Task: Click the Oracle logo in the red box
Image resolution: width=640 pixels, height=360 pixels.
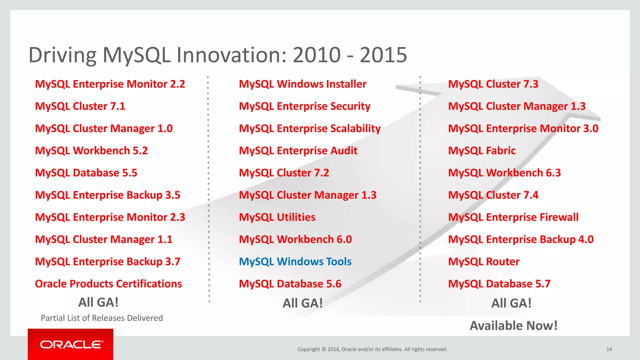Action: (71, 344)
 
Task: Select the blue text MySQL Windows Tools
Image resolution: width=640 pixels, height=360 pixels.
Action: (295, 262)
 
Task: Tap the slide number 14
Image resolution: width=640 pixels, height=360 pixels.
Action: (609, 349)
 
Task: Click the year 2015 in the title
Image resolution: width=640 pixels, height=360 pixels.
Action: (383, 55)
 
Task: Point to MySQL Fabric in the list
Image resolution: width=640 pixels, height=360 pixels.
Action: (482, 151)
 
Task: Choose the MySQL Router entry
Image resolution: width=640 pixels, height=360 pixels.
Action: (483, 262)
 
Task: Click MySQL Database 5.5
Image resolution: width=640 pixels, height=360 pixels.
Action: (86, 173)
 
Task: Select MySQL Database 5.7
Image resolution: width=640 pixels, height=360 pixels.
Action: (499, 284)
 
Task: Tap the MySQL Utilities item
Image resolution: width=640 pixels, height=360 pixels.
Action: (277, 217)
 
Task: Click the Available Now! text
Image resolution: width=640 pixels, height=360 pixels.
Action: (513, 326)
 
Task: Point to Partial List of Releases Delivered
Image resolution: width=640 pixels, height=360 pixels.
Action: (102, 318)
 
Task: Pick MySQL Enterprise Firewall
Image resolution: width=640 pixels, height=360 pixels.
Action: (513, 217)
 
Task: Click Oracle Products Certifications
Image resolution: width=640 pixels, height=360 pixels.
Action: (108, 284)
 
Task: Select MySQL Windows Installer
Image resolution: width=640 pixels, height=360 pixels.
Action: (302, 84)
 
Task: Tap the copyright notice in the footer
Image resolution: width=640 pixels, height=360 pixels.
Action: (372, 349)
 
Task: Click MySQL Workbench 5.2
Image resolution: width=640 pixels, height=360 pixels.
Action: (91, 151)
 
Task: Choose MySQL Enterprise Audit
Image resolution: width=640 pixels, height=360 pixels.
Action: (298, 151)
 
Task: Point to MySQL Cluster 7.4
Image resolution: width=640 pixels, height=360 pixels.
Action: (493, 195)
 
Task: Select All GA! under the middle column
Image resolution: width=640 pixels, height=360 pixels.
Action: (302, 303)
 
